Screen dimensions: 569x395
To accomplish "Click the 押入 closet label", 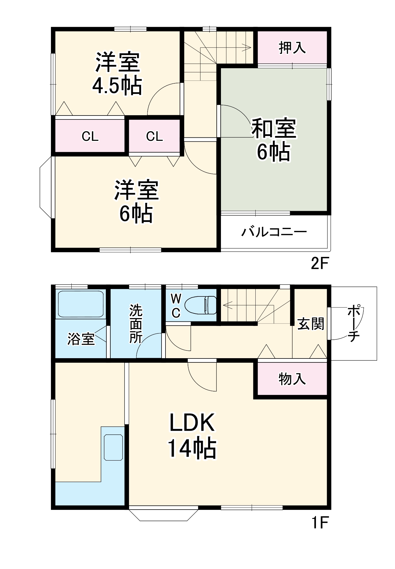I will pyautogui.click(x=292, y=48).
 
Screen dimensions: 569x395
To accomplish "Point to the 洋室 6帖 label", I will pyautogui.click(x=136, y=201).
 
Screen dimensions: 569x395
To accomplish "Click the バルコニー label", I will pyautogui.click(x=274, y=232).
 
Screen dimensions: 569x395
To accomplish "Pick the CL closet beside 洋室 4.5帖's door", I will pyautogui.click(x=154, y=137).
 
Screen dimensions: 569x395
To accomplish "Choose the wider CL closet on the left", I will pyautogui.click(x=90, y=137).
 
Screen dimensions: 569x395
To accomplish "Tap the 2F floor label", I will pyautogui.click(x=320, y=264).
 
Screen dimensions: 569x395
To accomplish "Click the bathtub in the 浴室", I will pyautogui.click(x=80, y=304).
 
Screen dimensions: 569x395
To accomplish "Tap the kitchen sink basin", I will pyautogui.click(x=113, y=447).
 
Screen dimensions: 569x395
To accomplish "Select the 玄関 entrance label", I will pyautogui.click(x=311, y=324).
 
